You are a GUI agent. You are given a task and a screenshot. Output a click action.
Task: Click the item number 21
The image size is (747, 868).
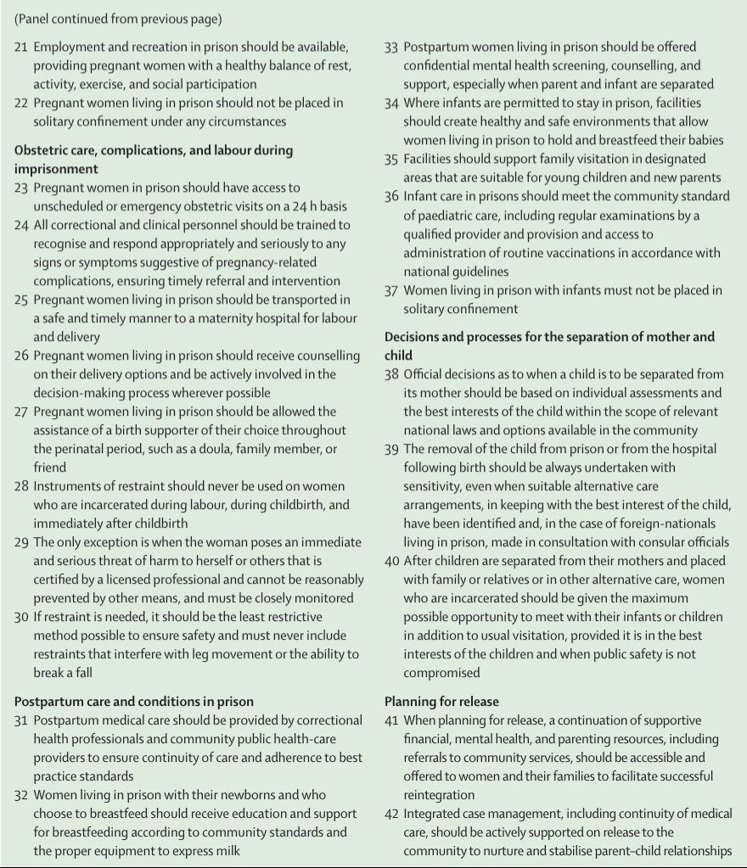(21, 48)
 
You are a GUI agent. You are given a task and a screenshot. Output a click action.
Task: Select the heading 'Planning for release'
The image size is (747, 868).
(441, 702)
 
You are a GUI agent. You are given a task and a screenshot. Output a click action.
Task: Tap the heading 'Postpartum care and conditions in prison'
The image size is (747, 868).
(133, 702)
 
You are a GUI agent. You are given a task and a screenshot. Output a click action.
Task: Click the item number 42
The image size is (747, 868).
(391, 814)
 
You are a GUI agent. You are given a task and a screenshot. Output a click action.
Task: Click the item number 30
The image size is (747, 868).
(21, 617)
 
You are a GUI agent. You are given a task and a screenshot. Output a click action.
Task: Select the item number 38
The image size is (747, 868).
(391, 374)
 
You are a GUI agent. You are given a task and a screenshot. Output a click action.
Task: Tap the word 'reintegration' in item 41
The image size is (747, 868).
(442, 795)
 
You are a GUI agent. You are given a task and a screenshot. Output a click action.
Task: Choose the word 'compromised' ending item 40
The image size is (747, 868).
(441, 673)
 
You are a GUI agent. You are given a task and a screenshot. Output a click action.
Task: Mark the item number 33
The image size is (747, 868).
(391, 48)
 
